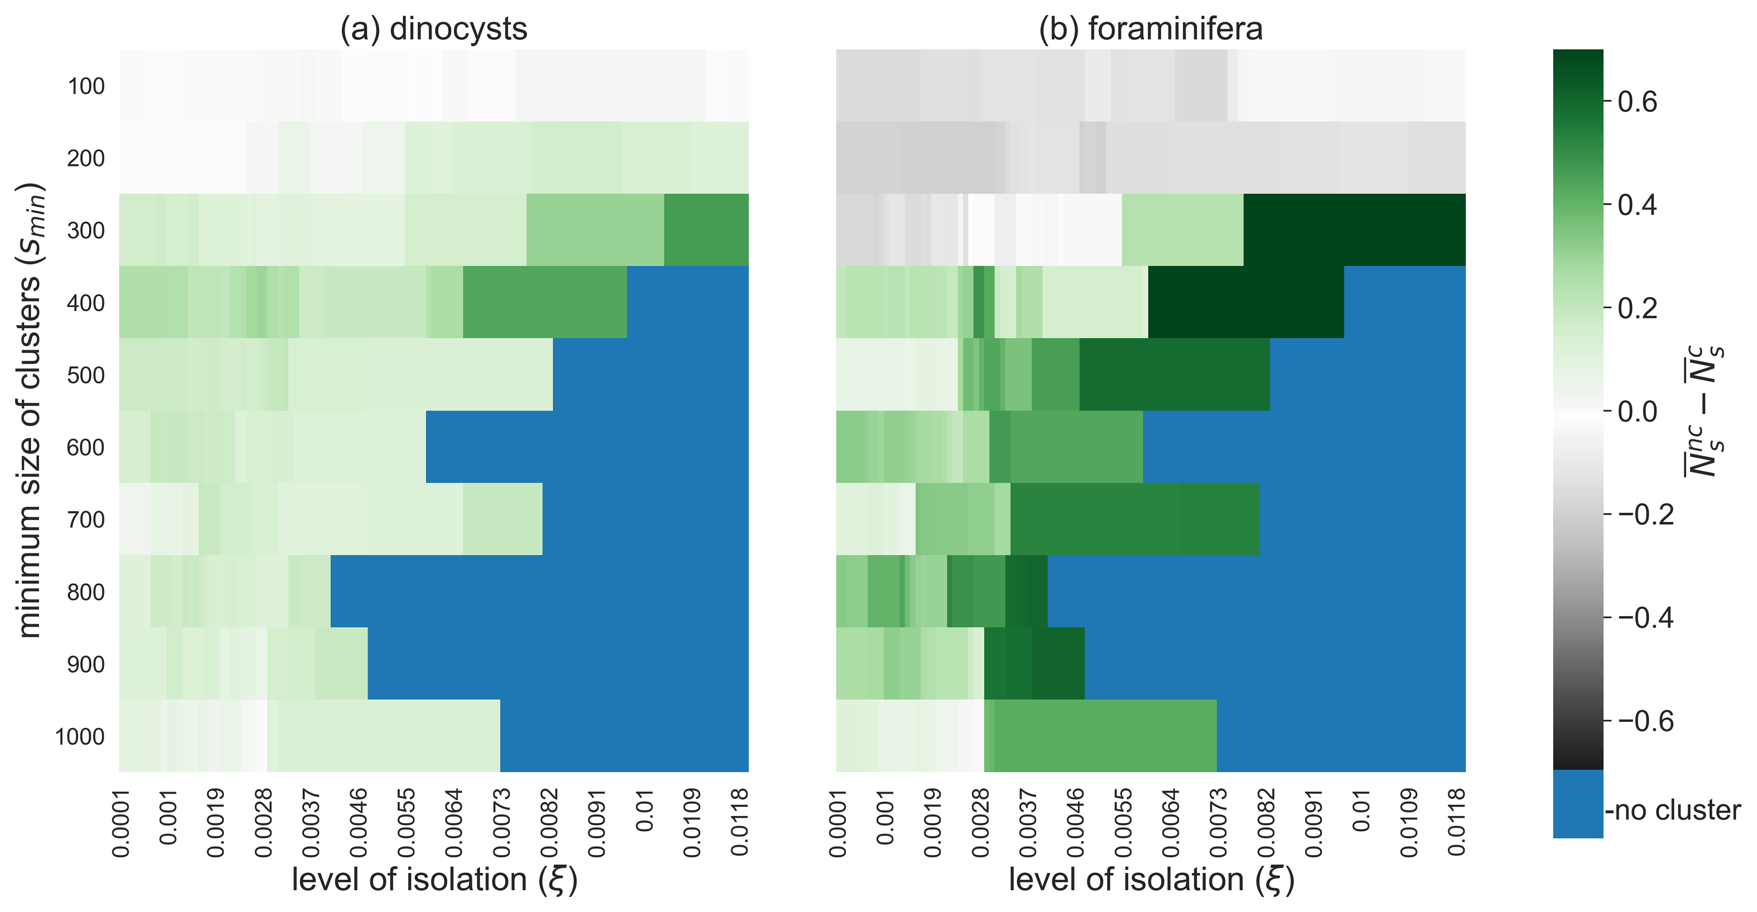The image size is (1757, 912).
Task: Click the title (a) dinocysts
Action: pyautogui.click(x=434, y=29)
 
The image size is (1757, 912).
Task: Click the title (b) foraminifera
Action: pyautogui.click(x=1151, y=29)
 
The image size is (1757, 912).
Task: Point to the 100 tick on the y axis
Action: pyautogui.click(x=86, y=86)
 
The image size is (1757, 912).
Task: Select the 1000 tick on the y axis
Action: pyautogui.click(x=80, y=737)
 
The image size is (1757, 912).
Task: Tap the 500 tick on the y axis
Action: pyautogui.click(x=86, y=375)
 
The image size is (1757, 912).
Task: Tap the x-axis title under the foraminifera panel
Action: pyautogui.click(x=1151, y=880)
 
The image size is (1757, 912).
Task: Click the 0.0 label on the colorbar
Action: pyautogui.click(x=1637, y=412)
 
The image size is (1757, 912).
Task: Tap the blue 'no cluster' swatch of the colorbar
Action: pyautogui.click(x=1578, y=803)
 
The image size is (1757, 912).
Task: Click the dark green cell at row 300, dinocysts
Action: pyautogui.click(x=706, y=230)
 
